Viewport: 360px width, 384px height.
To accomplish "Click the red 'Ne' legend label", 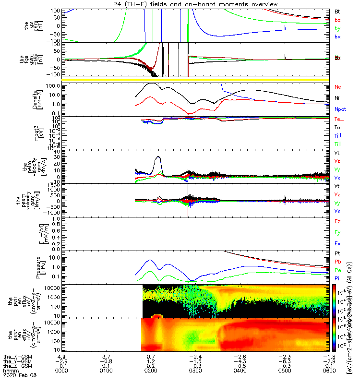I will point(337,87).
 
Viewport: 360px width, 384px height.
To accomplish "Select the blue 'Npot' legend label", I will point(339,109).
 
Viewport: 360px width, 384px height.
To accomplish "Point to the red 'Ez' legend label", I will point(337,222).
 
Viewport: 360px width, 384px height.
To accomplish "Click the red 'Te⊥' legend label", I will point(338,119).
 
